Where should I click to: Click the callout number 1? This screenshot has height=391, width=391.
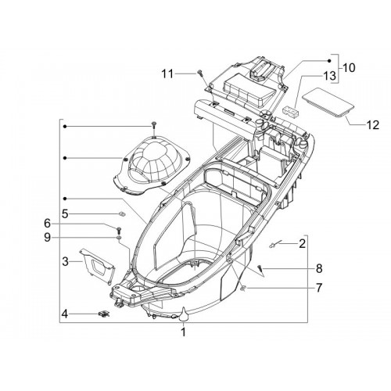point(184,332)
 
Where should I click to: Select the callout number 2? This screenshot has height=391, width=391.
point(302,244)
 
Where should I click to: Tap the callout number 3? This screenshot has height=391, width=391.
point(66,261)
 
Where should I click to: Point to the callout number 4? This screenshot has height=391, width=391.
point(65,314)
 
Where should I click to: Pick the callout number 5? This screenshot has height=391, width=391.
point(65,214)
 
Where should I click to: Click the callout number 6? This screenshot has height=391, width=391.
point(47,224)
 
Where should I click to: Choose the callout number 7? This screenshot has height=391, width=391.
point(319,288)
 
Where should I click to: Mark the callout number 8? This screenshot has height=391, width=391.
point(319,268)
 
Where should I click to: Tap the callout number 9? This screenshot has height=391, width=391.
point(47,238)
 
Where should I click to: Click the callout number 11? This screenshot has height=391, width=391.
point(167,74)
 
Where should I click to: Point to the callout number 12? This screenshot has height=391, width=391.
point(372,125)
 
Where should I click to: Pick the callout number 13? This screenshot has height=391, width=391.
point(329,76)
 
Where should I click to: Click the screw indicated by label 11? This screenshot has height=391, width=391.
point(200,74)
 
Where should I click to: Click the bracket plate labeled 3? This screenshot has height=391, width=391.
point(97,266)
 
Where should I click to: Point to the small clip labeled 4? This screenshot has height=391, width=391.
point(104,314)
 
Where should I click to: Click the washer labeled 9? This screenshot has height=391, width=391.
point(119,238)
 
